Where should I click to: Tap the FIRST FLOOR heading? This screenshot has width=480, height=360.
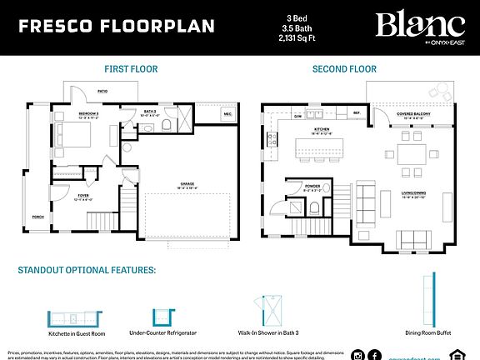pos(131,69)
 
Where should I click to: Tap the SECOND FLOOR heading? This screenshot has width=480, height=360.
pos(344,69)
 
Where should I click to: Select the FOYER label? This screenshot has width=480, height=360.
pos(84,197)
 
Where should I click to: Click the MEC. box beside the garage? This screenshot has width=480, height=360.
pos(227,114)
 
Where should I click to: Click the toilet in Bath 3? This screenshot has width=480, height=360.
pos(166,125)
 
